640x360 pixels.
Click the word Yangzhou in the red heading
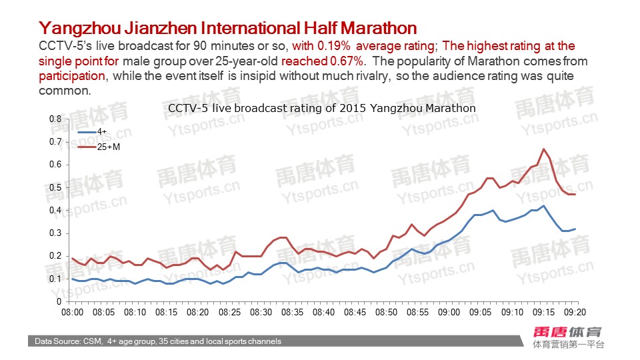tap(75, 28)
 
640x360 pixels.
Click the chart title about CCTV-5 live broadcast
tap(322, 107)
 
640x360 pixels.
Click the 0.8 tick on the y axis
tap(56, 119)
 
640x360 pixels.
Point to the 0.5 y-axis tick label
tap(56, 187)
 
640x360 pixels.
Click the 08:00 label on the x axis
tap(72, 312)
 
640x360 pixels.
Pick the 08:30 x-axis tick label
tap(261, 312)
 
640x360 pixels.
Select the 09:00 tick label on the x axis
tap(449, 312)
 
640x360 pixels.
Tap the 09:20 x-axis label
tap(575, 312)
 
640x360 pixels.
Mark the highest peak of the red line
tap(544, 149)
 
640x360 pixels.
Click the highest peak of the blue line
tap(544, 206)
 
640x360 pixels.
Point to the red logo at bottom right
tap(567, 331)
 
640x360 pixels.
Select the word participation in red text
tap(72, 76)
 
